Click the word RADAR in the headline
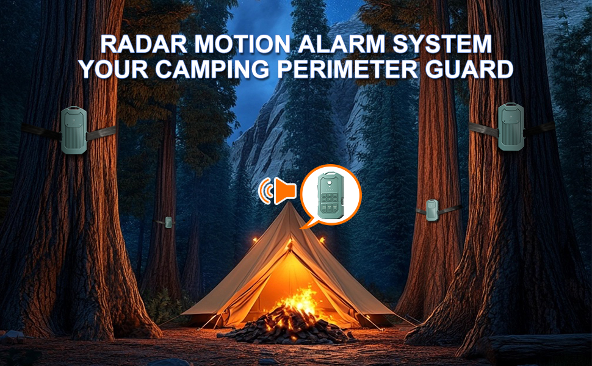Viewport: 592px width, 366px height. (144, 44)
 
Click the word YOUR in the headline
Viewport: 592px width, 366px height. (114, 70)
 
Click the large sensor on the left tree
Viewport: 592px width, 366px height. (74, 130)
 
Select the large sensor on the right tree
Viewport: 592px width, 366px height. (511, 127)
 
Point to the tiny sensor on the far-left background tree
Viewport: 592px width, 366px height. (168, 222)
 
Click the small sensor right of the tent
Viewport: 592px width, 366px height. (432, 210)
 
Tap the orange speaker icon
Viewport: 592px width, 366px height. (278, 190)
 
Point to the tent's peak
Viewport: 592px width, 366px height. (289, 203)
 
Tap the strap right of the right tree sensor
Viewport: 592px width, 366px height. (540, 129)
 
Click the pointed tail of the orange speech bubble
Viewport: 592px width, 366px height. (302, 227)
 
